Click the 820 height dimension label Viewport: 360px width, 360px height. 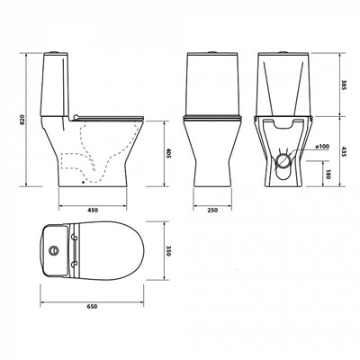click(x=22, y=120)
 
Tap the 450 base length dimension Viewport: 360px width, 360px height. click(x=93, y=211)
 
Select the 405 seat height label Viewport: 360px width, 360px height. click(x=168, y=154)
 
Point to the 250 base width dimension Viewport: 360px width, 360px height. click(x=212, y=211)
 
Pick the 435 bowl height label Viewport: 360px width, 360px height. click(x=344, y=151)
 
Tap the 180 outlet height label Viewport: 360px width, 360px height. click(x=328, y=174)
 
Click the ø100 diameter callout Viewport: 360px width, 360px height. click(x=322, y=147)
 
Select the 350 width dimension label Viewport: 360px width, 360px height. click(x=168, y=251)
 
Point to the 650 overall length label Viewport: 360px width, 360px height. click(x=92, y=306)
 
